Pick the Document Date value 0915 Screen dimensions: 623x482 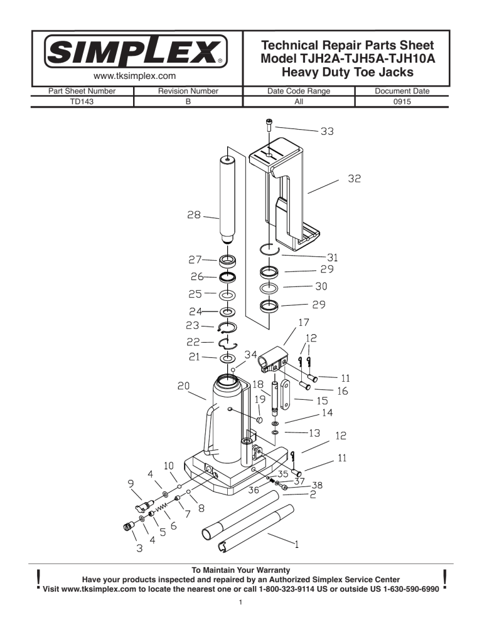coord(401,100)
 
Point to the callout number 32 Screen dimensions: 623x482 coord(356,179)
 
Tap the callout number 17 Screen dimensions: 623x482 coord(304,323)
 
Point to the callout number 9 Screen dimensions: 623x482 coord(130,483)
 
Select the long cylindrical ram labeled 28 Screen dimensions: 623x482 coord(227,201)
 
